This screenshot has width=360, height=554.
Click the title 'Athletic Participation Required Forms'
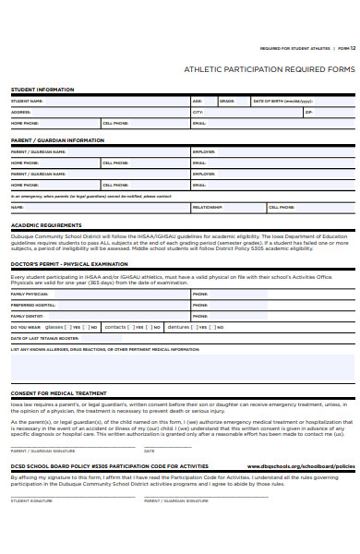pos(269,69)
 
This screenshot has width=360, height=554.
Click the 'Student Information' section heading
pos(42,90)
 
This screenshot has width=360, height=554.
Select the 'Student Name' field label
pos(27,101)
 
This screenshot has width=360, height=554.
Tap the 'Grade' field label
pos(227,101)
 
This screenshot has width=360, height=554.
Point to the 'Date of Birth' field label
pos(282,101)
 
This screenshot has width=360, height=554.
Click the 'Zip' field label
pos(308,112)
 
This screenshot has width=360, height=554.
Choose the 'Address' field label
pos(20,112)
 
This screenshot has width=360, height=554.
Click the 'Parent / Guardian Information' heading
pos(57,140)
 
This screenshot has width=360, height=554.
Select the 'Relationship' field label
pos(208,208)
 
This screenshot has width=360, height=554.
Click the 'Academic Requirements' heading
pos(46,225)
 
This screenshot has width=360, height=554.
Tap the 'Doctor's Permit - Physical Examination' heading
pos(69,264)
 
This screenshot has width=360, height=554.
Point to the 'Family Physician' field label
pos(29,294)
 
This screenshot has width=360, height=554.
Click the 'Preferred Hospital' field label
pos(33,305)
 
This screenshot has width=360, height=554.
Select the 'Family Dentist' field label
pos(27,316)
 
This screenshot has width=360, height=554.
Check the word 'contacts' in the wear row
pos(115,327)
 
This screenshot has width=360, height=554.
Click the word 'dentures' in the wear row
pos(179,327)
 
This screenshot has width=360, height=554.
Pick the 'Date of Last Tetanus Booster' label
pos(43,338)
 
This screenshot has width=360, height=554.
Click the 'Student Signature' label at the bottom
pos(31,500)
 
